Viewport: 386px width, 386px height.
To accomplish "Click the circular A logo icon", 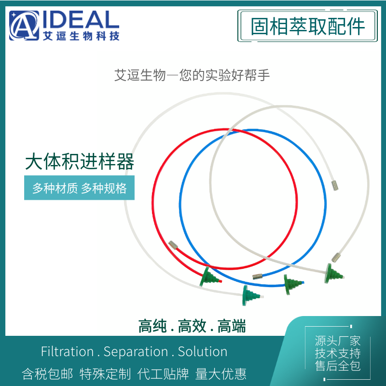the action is click(24, 26).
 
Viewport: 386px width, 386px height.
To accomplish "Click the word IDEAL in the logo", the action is click(81, 19).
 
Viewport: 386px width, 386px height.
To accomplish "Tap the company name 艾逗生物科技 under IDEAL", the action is click(81, 36).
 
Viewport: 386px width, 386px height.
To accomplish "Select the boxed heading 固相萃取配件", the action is click(307, 26).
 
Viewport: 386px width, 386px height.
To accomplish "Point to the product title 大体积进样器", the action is click(80, 161).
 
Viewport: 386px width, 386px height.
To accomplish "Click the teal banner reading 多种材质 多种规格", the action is click(79, 188).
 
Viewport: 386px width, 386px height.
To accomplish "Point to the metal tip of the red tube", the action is click(173, 245).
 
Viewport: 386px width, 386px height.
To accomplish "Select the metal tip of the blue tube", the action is click(257, 276).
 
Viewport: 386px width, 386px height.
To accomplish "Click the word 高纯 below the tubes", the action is click(152, 326).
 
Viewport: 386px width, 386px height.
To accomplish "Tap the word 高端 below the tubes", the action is click(232, 326).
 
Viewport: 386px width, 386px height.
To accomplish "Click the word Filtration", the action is click(67, 351).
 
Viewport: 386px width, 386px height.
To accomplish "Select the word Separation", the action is click(136, 352).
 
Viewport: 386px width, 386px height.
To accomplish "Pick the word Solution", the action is click(203, 351).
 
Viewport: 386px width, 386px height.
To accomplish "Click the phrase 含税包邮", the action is click(47, 374).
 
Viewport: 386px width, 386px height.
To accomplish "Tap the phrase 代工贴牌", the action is click(163, 374).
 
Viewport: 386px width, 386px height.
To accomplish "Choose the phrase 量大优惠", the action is click(221, 374).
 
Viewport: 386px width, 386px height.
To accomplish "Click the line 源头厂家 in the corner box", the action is click(337, 341).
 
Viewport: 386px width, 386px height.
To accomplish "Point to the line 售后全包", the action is click(337, 366).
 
